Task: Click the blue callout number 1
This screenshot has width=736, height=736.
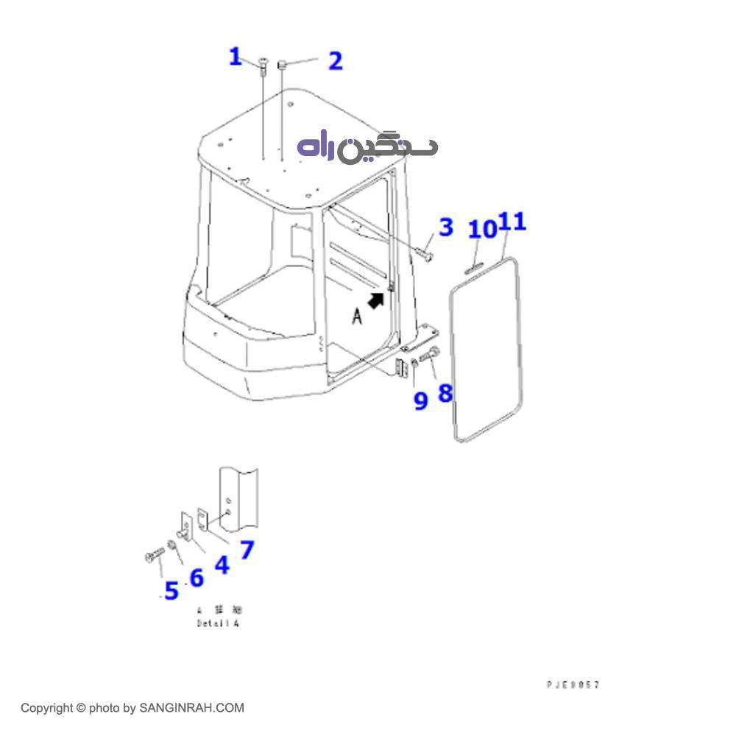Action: click(x=236, y=57)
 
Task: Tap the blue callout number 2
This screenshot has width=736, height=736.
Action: click(x=335, y=61)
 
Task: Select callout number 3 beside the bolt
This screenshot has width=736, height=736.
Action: click(x=446, y=227)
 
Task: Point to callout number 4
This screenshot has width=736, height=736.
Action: click(x=222, y=565)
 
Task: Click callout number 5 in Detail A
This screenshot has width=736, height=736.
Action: click(x=171, y=590)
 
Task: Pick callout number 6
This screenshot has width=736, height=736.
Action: click(x=196, y=578)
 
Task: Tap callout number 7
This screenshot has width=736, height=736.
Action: click(x=247, y=549)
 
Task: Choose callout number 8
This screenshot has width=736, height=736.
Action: click(x=445, y=393)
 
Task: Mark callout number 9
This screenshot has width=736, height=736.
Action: click(x=420, y=401)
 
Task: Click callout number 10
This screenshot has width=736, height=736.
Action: click(x=483, y=229)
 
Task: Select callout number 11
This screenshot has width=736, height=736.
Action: click(x=513, y=221)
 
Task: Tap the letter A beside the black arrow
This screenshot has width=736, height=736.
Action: click(x=357, y=316)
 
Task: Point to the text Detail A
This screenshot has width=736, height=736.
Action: click(x=218, y=623)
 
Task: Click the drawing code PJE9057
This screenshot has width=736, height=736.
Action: click(x=573, y=684)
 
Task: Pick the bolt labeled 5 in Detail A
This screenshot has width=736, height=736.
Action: click(x=155, y=556)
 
